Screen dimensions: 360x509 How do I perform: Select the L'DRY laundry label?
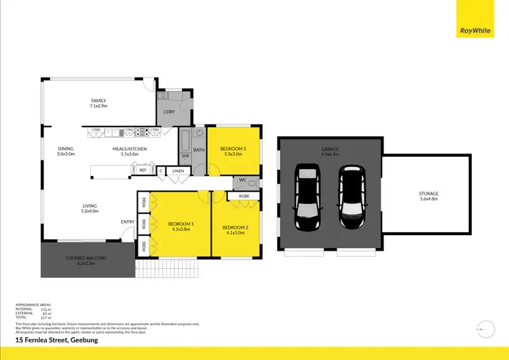point(168,111)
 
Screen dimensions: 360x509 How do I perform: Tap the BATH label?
point(199,150)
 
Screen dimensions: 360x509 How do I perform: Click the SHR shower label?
point(185,156)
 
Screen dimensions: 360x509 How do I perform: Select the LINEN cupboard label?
point(178,170)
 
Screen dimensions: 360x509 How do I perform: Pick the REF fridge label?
point(143,170)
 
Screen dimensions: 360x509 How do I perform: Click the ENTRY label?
point(128,221)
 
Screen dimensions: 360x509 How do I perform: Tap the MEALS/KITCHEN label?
point(130,151)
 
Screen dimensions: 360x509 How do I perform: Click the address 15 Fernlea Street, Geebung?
point(56,339)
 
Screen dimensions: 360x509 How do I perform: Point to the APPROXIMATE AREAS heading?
point(33,304)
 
